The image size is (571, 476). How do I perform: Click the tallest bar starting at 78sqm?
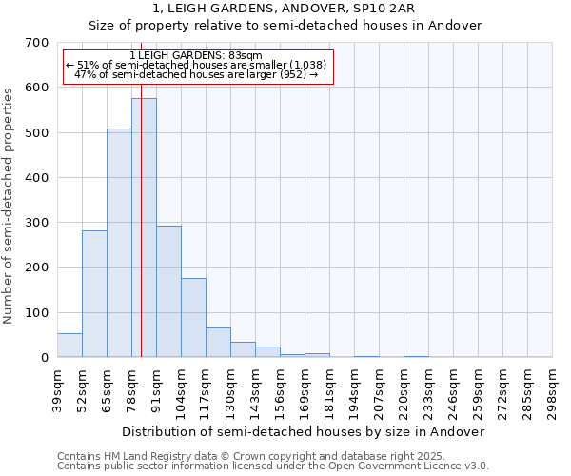click(x=144, y=228)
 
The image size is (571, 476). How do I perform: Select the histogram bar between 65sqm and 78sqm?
click(x=119, y=243)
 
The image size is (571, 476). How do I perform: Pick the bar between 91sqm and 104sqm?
click(x=168, y=291)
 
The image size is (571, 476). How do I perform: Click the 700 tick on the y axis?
click(x=37, y=43)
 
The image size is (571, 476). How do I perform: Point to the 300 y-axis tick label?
click(x=37, y=223)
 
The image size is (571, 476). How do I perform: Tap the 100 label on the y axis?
click(x=37, y=312)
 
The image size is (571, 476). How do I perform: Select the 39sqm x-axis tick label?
click(x=58, y=390)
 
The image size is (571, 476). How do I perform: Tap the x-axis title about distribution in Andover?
click(x=304, y=431)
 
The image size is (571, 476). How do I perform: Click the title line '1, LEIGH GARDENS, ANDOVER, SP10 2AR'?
click(x=285, y=10)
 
